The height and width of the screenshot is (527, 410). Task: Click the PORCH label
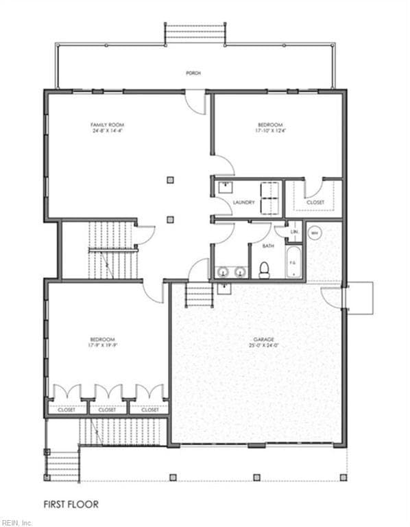tap(193, 72)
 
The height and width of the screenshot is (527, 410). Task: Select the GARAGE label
tap(263, 339)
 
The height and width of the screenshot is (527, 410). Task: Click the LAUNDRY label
tap(244, 202)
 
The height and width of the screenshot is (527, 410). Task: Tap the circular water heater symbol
tap(315, 233)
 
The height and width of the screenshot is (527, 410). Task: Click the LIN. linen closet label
tap(294, 232)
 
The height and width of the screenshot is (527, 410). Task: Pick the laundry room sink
tap(224, 186)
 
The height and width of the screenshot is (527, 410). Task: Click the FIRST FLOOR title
tap(71, 504)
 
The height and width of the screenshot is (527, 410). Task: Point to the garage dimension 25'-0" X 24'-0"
tap(263, 345)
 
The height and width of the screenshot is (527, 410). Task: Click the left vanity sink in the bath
tap(222, 272)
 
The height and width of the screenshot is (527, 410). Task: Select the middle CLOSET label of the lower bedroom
tap(108, 410)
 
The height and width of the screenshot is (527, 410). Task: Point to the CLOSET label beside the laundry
tap(315, 202)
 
